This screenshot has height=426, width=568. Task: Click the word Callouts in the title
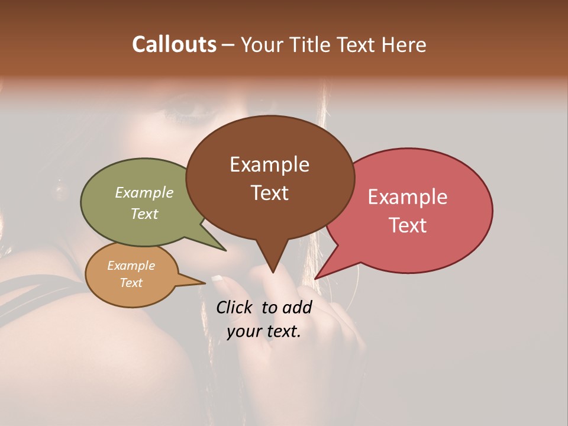174,44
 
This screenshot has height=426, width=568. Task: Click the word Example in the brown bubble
269,164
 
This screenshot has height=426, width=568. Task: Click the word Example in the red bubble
408,197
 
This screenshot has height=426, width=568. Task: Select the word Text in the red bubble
408,225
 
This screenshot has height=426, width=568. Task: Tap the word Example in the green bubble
144,192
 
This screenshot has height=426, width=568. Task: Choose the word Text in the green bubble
144,214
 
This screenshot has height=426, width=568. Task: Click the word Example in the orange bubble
131,266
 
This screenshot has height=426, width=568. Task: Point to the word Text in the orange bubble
131,283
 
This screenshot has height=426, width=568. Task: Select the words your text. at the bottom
264,331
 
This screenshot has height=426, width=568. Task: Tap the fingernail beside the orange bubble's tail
217,277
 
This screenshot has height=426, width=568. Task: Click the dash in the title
228,46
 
